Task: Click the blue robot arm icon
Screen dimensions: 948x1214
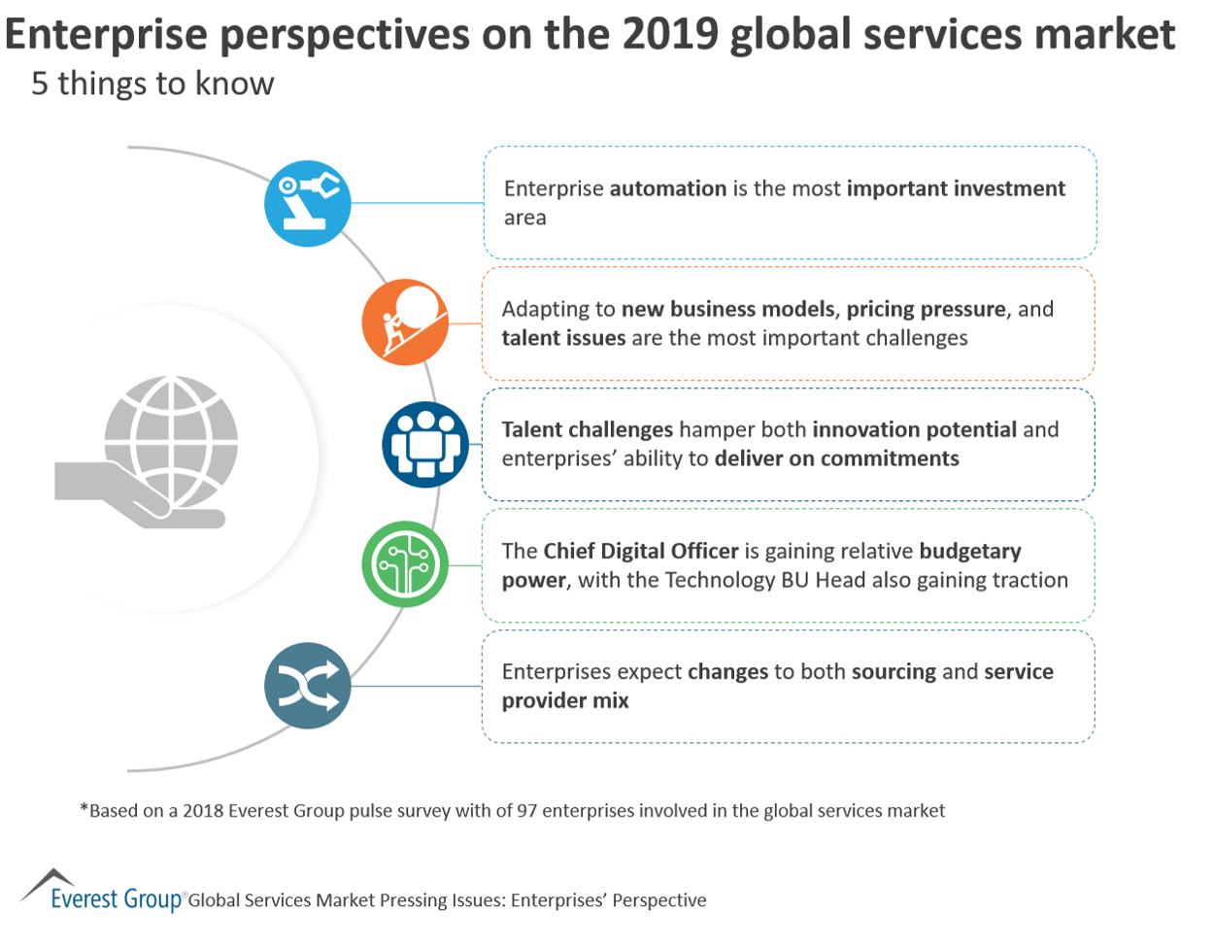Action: [308, 203]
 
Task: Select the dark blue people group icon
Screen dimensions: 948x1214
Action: [425, 445]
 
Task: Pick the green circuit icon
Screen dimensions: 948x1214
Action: [405, 565]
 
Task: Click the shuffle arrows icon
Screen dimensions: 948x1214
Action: [308, 686]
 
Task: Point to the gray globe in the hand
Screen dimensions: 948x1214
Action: [171, 443]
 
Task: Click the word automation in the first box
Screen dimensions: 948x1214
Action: [668, 188]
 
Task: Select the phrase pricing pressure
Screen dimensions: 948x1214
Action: [926, 309]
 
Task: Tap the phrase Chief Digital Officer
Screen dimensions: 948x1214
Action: [641, 551]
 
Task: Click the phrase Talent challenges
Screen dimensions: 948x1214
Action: [587, 429]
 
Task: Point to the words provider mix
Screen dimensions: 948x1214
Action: [565, 700]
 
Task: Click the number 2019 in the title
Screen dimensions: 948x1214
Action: [670, 35]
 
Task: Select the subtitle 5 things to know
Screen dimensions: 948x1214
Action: [152, 84]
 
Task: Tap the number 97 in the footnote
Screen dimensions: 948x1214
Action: [526, 810]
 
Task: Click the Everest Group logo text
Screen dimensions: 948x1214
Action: [116, 898]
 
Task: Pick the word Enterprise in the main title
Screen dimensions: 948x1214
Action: [106, 35]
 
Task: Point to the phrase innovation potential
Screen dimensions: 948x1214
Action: [914, 429]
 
